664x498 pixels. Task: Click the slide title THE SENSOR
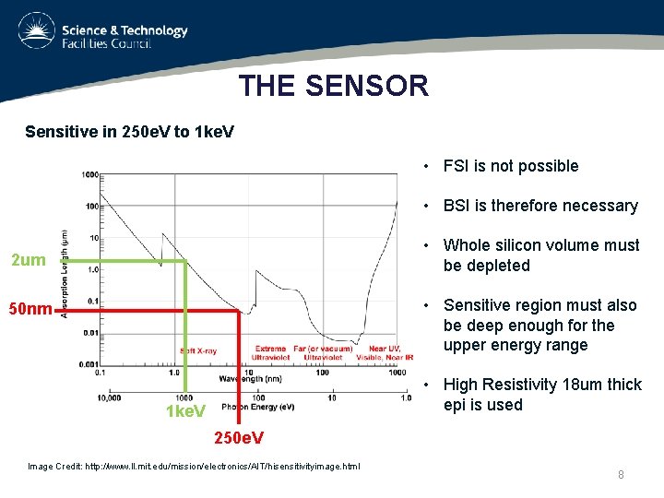click(x=333, y=86)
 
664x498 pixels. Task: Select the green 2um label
click(x=28, y=260)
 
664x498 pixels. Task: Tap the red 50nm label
click(x=30, y=308)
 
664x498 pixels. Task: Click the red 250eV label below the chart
click(x=239, y=436)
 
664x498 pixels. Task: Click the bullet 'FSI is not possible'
click(x=510, y=166)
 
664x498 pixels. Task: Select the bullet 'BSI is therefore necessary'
click(x=539, y=206)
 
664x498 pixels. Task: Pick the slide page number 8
click(x=621, y=474)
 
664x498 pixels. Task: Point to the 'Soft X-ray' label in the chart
click(x=198, y=350)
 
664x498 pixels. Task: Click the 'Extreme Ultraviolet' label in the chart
click(x=271, y=352)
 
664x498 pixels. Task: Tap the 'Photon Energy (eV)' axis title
click(x=257, y=407)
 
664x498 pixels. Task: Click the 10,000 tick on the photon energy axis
click(x=108, y=397)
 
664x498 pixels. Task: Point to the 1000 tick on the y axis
click(x=89, y=174)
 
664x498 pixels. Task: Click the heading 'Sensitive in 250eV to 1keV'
click(x=129, y=132)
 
